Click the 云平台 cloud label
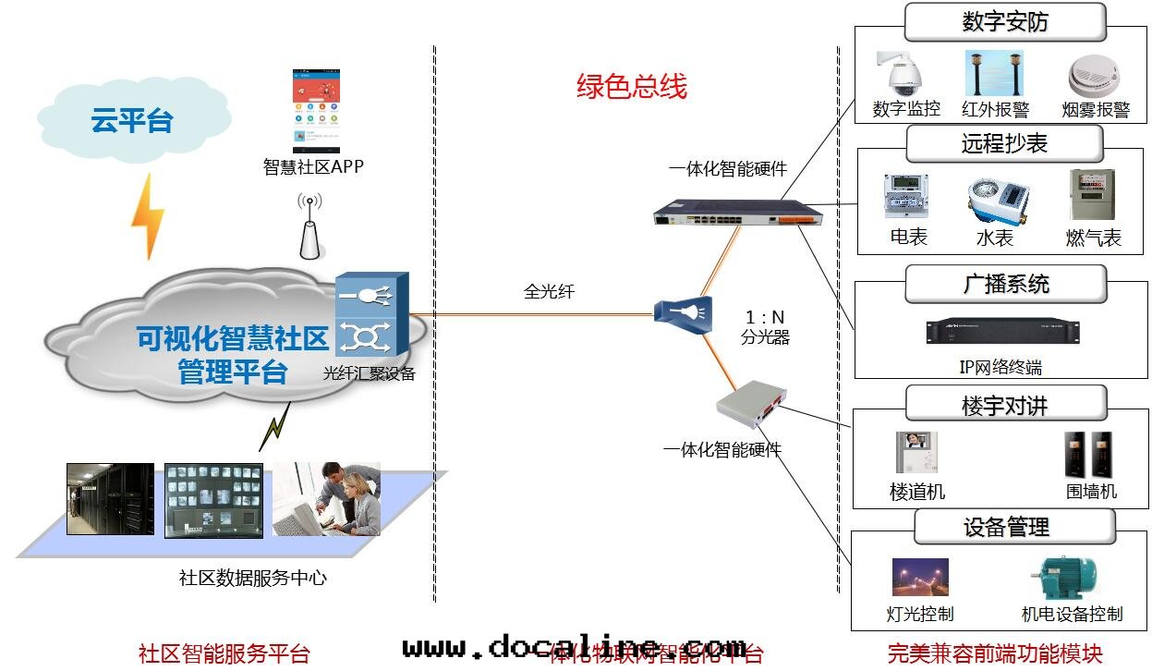tap(131, 119)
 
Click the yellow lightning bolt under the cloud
tap(147, 218)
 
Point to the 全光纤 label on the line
tap(549, 291)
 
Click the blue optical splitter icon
tap(684, 311)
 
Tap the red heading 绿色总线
tap(632, 87)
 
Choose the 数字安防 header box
tap(1004, 21)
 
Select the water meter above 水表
tap(999, 198)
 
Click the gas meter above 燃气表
tap(1092, 194)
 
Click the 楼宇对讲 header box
tap(1004, 404)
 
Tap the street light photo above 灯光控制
tap(919, 578)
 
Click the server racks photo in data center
tap(110, 499)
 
